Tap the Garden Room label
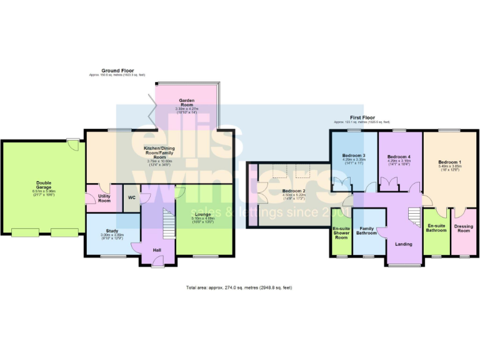[x=186, y=102]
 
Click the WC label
[x=132, y=198]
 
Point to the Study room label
[x=109, y=232]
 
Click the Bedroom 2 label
[x=293, y=191]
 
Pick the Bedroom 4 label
[x=399, y=156]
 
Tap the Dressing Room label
[x=464, y=228]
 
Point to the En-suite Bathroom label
[x=436, y=228]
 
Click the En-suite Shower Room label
[x=341, y=233]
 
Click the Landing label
[x=404, y=243]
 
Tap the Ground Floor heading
[x=117, y=71]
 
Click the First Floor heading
[x=362, y=117]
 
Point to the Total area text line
[x=239, y=287]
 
